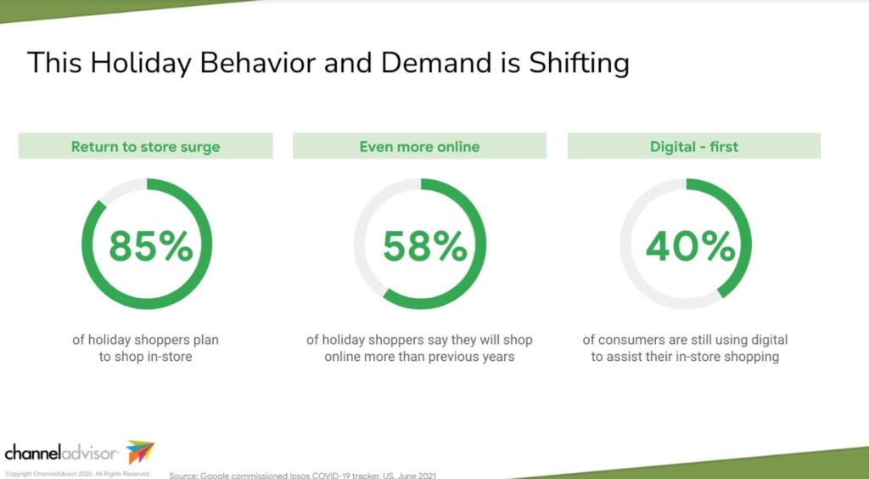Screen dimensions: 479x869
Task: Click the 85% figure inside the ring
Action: [149, 246]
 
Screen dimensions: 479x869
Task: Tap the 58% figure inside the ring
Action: [423, 246]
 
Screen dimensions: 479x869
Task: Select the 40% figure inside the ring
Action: [690, 246]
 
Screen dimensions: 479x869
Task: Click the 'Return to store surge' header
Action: [145, 147]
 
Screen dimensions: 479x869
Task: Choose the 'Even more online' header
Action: [419, 147]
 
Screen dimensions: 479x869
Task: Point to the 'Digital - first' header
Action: [694, 147]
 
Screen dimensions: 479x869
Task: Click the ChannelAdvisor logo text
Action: [61, 452]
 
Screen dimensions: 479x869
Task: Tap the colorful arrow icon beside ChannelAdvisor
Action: [140, 452]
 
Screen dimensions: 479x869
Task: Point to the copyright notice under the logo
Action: [77, 473]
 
